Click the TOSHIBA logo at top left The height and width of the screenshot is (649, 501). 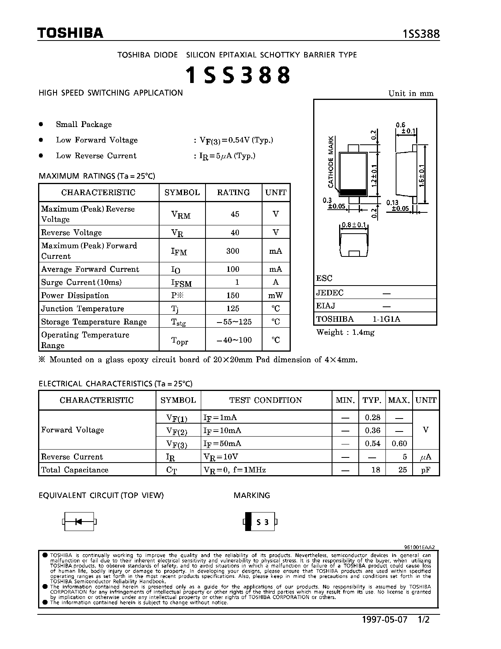(x=70, y=33)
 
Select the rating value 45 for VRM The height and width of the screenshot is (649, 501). (x=235, y=214)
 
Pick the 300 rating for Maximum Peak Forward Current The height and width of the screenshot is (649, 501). (x=233, y=251)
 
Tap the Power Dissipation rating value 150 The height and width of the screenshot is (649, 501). (x=233, y=295)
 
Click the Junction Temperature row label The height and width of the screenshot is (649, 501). (x=83, y=309)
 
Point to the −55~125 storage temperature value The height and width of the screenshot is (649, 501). (x=234, y=322)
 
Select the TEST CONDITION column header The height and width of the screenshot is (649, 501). (x=266, y=400)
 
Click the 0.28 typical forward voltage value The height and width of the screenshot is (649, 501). (x=373, y=417)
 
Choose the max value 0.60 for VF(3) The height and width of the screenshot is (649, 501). (x=399, y=444)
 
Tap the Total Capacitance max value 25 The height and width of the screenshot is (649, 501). (x=402, y=470)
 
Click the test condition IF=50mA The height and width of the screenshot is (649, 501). (x=222, y=444)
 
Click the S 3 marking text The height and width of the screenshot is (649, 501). (x=262, y=522)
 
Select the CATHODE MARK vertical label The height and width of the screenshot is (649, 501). (x=331, y=162)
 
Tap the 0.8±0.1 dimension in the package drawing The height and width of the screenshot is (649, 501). (x=354, y=225)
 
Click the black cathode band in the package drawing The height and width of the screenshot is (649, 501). (x=353, y=192)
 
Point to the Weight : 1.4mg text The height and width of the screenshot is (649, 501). (x=345, y=332)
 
